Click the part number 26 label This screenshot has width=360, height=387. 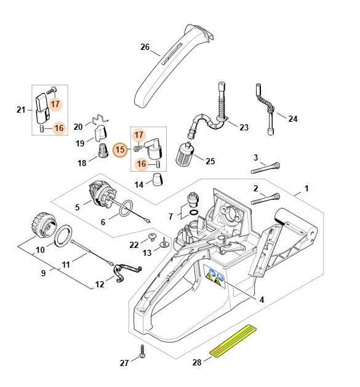(x=145, y=47)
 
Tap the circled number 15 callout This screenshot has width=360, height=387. (x=121, y=149)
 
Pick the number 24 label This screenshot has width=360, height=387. (x=292, y=118)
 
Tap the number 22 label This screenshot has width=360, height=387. (x=134, y=245)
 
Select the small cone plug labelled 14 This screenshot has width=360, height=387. (x=158, y=180)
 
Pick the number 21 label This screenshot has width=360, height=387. (x=20, y=110)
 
